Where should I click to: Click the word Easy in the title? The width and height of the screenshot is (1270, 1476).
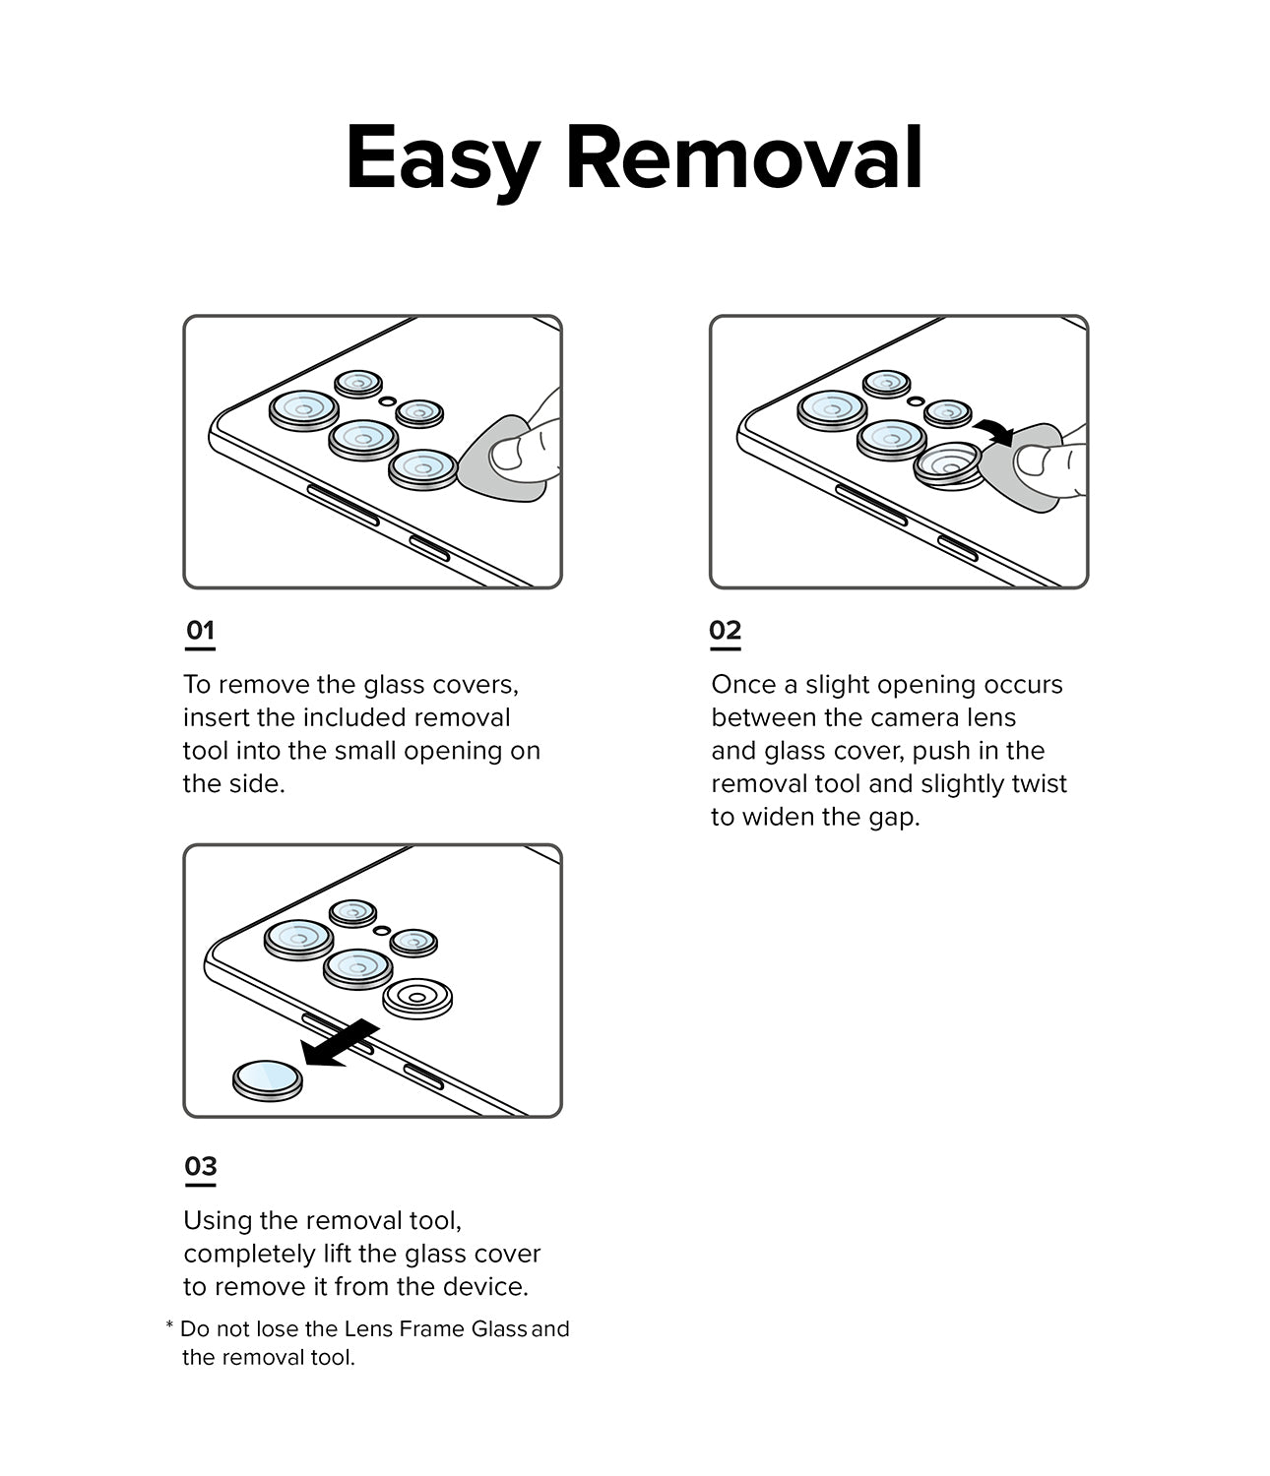pyautogui.click(x=442, y=159)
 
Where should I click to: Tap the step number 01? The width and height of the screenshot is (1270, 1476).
pyautogui.click(x=200, y=631)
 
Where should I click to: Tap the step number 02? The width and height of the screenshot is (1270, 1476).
pyautogui.click(x=726, y=631)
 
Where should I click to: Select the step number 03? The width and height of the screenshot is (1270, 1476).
pyautogui.click(x=201, y=1167)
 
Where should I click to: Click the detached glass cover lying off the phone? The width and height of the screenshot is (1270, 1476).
pyautogui.click(x=267, y=1080)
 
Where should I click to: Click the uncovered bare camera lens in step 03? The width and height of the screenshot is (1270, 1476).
pyautogui.click(x=417, y=999)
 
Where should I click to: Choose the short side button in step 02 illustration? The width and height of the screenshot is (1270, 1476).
pyautogui.click(x=958, y=549)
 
